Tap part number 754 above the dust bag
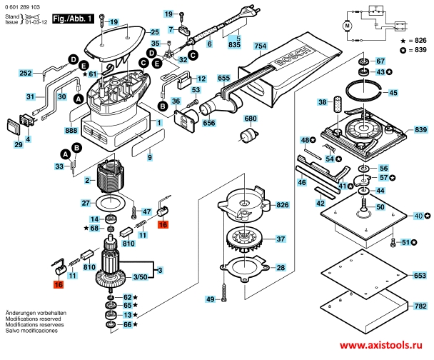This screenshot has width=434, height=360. (260, 47)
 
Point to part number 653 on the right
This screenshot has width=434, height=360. (420, 274)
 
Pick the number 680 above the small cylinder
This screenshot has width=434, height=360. (251, 119)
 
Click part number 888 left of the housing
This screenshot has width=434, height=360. (71, 131)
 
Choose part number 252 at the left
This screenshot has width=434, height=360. (25, 74)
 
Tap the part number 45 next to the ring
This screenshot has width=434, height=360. (393, 93)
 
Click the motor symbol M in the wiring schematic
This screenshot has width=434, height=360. (348, 26)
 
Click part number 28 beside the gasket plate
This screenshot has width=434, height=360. (281, 268)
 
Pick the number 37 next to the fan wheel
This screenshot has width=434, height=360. (281, 239)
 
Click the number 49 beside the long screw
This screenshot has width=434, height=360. (210, 299)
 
